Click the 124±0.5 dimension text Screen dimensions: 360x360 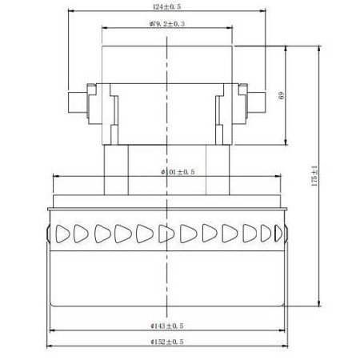[166, 8]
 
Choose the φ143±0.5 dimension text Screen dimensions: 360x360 [166, 326]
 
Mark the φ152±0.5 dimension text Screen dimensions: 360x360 [166, 342]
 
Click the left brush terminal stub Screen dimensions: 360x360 [74, 102]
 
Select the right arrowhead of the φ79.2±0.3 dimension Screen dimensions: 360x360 [232, 29]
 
